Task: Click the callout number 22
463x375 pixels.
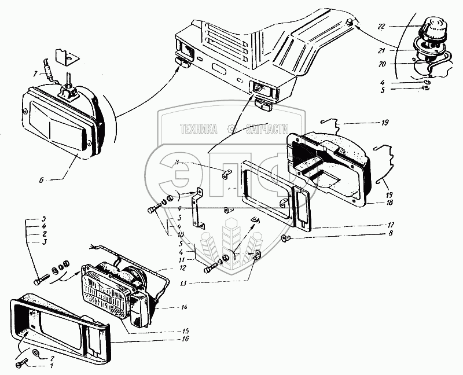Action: pyautogui.click(x=396, y=27)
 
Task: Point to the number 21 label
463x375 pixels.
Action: pyautogui.click(x=396, y=52)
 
